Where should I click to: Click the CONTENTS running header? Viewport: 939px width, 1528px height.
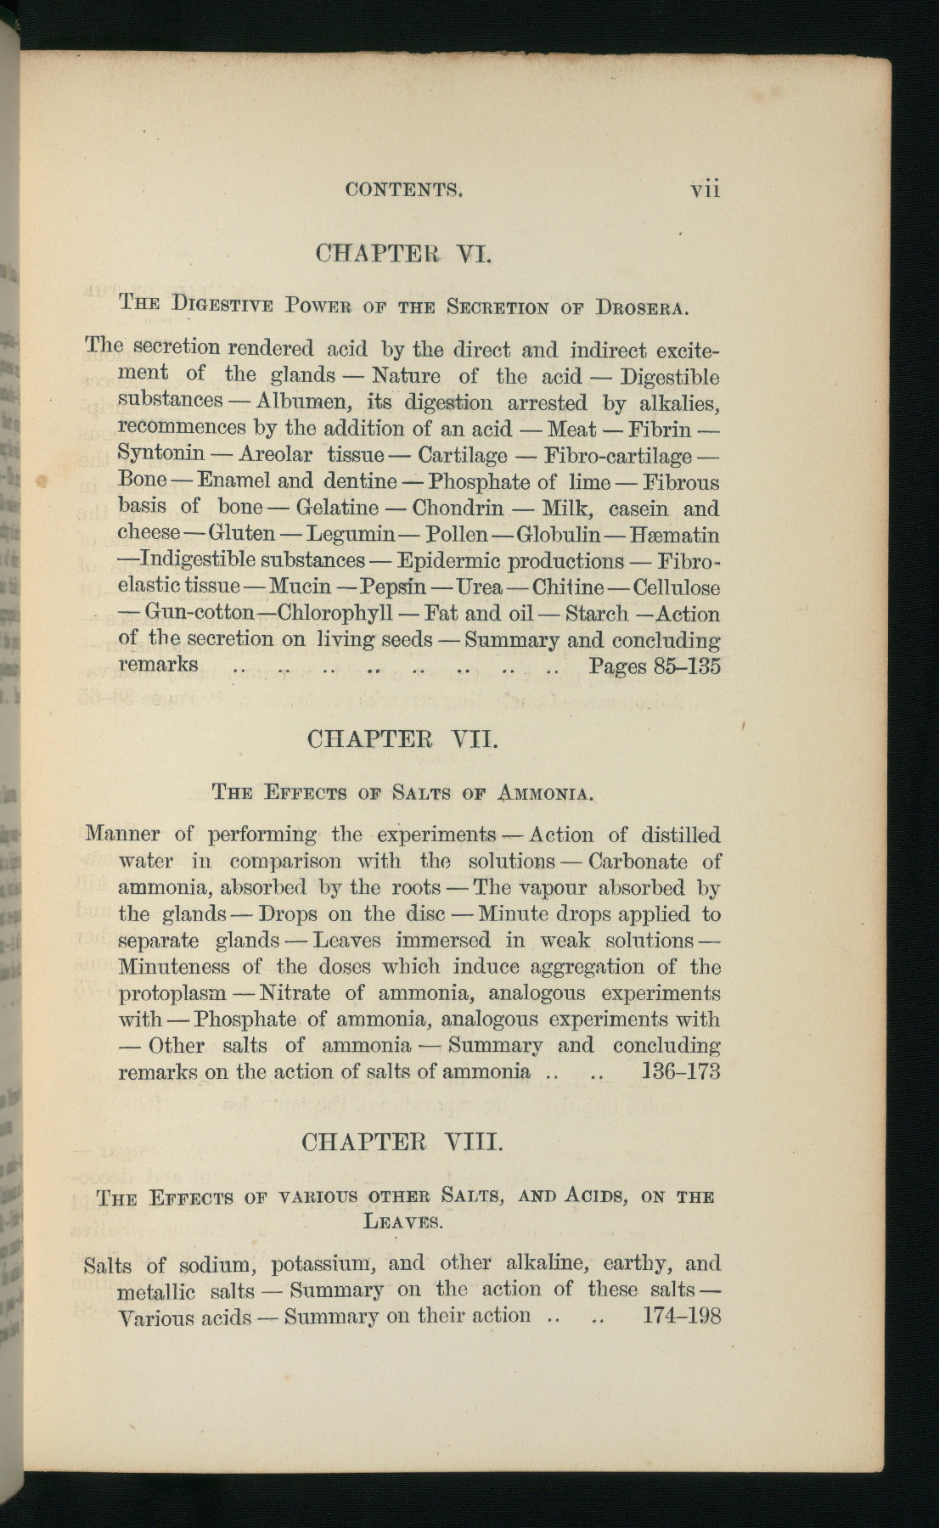tap(404, 189)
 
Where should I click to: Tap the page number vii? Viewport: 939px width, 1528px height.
tap(705, 188)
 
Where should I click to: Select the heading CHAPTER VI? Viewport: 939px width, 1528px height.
tap(403, 253)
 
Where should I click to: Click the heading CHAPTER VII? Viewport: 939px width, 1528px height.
tap(402, 739)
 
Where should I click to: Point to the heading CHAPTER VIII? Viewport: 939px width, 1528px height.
tap(402, 1142)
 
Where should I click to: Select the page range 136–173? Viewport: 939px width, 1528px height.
tap(681, 1071)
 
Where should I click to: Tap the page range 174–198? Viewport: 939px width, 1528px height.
tap(682, 1316)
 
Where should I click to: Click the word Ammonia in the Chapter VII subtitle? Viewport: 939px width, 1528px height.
tap(545, 794)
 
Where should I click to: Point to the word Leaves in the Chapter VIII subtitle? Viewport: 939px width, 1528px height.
tap(402, 1222)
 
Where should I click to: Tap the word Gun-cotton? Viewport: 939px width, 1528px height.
tap(200, 613)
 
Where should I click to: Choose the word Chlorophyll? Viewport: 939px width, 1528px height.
tap(335, 613)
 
